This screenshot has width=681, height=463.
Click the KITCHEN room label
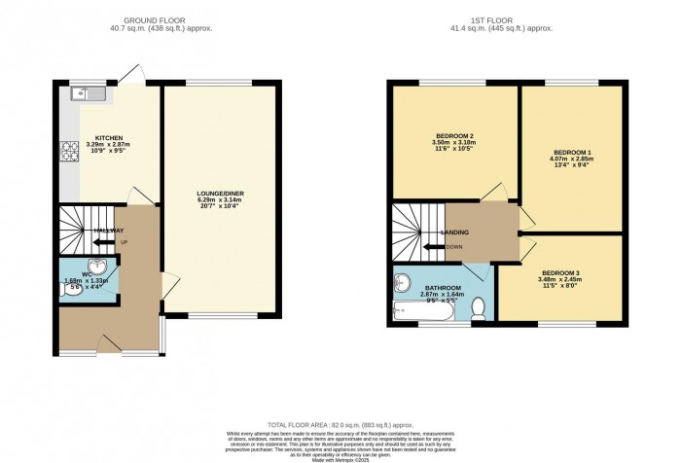(109, 137)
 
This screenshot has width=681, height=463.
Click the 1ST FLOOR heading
(517, 20)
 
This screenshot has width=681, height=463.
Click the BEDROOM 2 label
(455, 135)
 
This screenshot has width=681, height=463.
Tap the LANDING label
(455, 232)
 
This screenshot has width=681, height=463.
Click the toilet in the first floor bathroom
(478, 308)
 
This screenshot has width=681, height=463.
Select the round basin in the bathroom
(404, 282)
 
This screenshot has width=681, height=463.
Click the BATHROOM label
(443, 288)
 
